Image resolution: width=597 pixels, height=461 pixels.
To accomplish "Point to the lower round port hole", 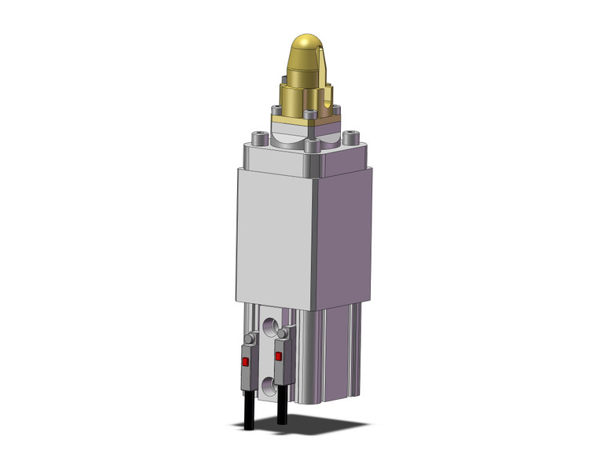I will pyautogui.click(x=271, y=385).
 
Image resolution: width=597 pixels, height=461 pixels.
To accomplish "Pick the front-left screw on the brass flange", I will pyautogui.click(x=277, y=111).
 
